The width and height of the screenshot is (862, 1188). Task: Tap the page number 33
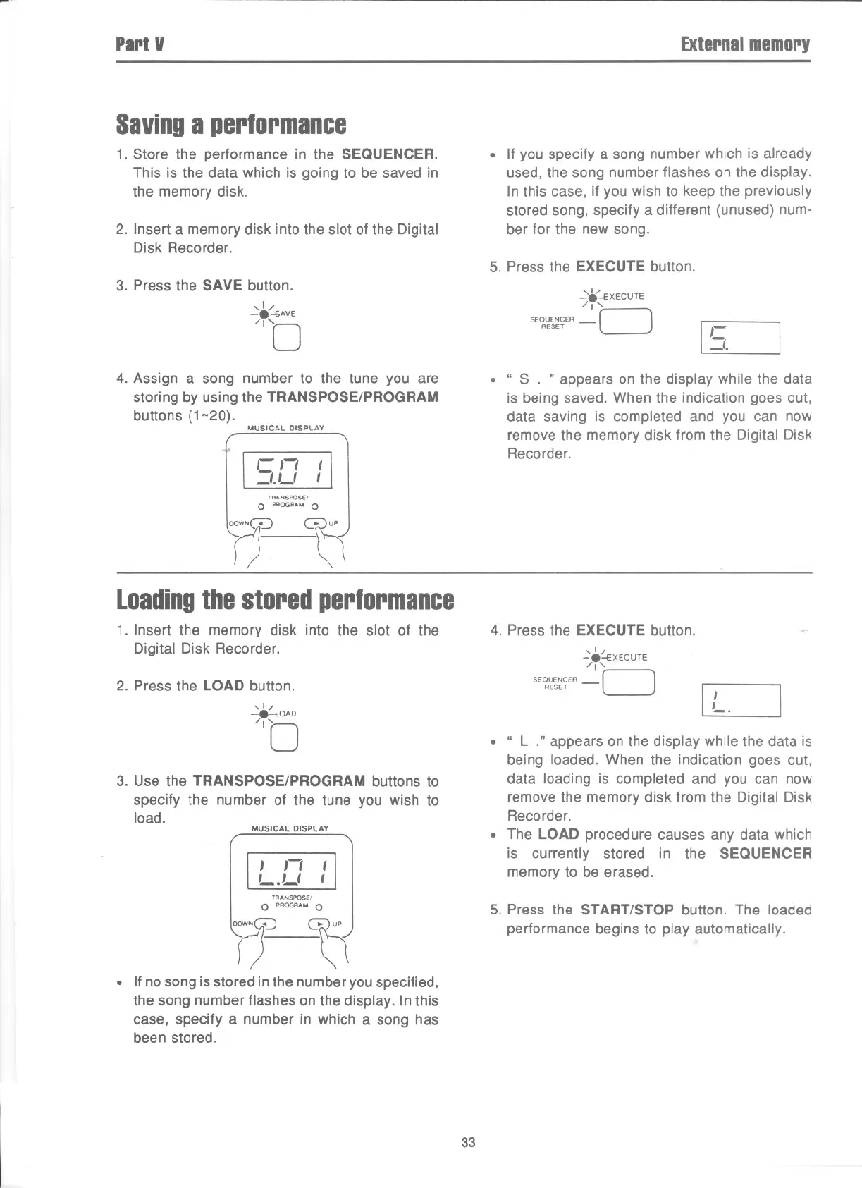[x=468, y=1143]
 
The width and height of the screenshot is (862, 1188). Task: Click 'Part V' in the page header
[x=140, y=44]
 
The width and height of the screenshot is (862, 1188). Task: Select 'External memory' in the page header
[x=745, y=44]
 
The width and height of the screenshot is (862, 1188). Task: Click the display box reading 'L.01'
[x=290, y=871]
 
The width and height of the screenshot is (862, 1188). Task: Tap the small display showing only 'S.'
[x=740, y=338]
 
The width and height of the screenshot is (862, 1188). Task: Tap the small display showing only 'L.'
[x=741, y=701]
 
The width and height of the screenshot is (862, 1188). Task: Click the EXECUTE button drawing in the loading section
[x=629, y=682]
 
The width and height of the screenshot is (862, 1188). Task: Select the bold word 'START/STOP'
[x=627, y=910]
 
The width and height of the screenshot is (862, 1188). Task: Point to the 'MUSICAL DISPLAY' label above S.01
[x=285, y=428]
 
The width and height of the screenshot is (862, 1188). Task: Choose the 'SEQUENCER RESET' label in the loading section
[x=555, y=682]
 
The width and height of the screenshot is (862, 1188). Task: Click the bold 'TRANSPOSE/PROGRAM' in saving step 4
[x=352, y=397]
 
